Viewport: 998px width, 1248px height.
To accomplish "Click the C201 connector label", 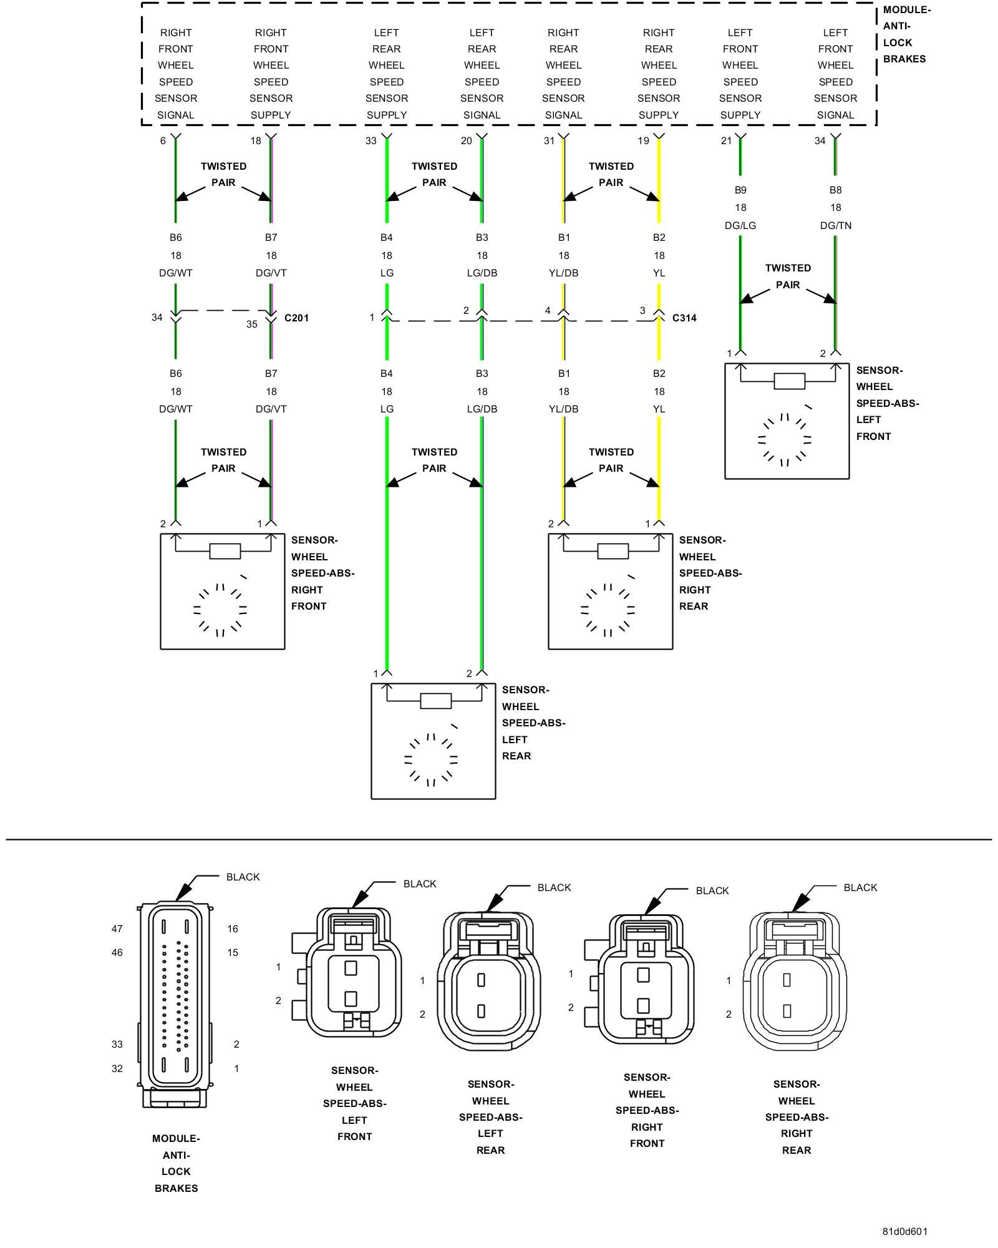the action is [x=296, y=318].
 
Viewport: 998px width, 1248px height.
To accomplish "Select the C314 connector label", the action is [x=684, y=318].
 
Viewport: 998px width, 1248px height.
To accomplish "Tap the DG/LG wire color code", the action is [x=740, y=225].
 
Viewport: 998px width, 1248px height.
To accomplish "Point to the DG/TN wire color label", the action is [x=836, y=225].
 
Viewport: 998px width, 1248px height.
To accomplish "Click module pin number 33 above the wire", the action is [x=371, y=141].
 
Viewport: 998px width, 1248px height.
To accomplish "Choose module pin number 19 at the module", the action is [x=643, y=141].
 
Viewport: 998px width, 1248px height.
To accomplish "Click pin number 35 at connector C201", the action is [x=251, y=324].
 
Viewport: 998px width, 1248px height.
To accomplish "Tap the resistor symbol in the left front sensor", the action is [x=789, y=381].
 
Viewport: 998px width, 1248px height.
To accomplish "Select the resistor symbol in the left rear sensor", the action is [x=435, y=701].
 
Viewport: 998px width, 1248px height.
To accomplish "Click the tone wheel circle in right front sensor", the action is [x=220, y=610].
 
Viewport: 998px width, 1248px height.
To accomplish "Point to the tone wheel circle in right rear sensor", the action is [x=608, y=610].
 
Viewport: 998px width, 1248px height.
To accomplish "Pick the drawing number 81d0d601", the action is [x=904, y=1231].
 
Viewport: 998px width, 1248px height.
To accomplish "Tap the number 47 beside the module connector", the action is [x=117, y=929].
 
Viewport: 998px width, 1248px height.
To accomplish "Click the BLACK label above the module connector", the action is [x=243, y=877].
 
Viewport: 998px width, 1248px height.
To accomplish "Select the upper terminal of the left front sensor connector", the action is [x=351, y=968].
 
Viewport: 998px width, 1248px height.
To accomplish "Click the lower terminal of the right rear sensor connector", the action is [x=787, y=1010].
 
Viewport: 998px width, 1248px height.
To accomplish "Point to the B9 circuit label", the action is [x=740, y=190].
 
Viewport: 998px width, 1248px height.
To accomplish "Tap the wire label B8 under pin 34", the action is [x=836, y=190].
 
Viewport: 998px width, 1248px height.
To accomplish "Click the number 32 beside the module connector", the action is [x=117, y=1068].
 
